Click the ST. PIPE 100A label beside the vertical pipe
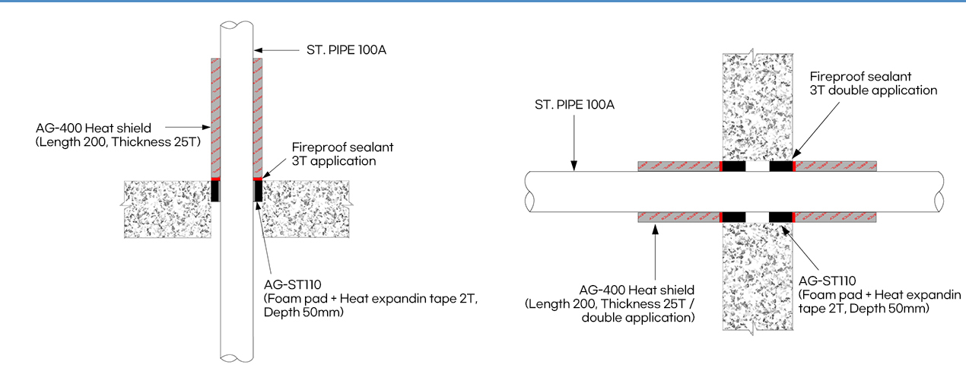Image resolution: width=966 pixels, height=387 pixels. click(346, 50)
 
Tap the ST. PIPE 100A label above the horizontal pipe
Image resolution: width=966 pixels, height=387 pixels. click(574, 105)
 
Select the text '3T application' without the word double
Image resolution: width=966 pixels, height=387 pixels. click(334, 161)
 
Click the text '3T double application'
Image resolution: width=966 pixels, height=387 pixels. click(873, 90)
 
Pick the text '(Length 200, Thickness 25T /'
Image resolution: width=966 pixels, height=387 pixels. click(609, 304)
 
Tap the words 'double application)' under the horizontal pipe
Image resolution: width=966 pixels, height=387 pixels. click(638, 318)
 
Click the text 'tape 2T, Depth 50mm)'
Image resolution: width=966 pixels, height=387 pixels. click(863, 309)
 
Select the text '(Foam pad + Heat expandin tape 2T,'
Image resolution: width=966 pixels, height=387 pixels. click(371, 299)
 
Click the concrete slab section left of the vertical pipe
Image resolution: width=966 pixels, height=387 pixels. click(167, 209)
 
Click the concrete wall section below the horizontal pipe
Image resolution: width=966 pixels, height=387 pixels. click(758, 277)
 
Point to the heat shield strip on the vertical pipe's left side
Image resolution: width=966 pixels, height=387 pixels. click(215, 118)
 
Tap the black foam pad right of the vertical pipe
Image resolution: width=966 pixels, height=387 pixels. click(258, 191)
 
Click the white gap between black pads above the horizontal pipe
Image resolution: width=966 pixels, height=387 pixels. click(758, 167)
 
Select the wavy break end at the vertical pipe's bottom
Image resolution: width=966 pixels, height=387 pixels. click(237, 357)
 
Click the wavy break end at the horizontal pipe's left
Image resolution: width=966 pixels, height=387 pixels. click(529, 192)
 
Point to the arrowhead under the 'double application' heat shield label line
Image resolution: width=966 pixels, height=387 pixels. click(655, 230)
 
